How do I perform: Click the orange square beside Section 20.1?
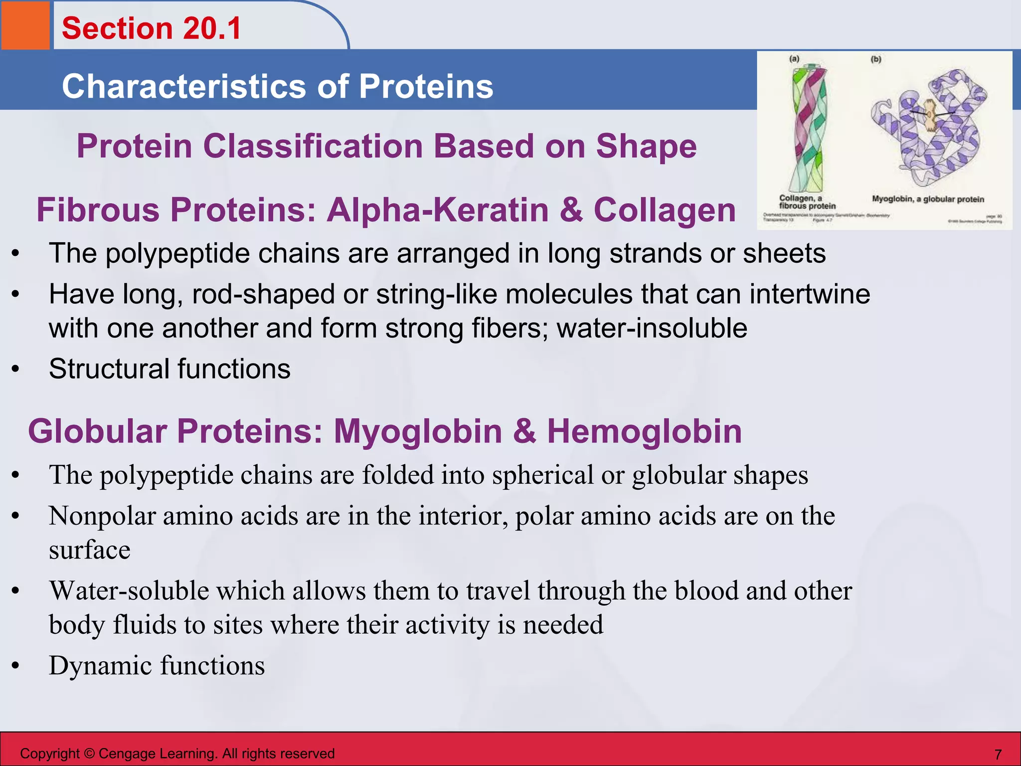pyautogui.click(x=25, y=25)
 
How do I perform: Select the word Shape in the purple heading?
pyautogui.click(x=646, y=146)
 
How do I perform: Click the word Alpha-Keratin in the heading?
pyautogui.click(x=438, y=209)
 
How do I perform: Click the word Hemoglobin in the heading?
pyautogui.click(x=644, y=431)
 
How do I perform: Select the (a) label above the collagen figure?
pyautogui.click(x=794, y=59)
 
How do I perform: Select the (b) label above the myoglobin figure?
pyautogui.click(x=876, y=59)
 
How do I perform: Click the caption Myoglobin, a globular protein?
pyautogui.click(x=928, y=199)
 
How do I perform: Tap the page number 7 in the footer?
pyautogui.click(x=998, y=754)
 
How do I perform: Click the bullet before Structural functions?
pyautogui.click(x=16, y=370)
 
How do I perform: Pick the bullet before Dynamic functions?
pyautogui.click(x=16, y=666)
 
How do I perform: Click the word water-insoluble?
pyautogui.click(x=652, y=329)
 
